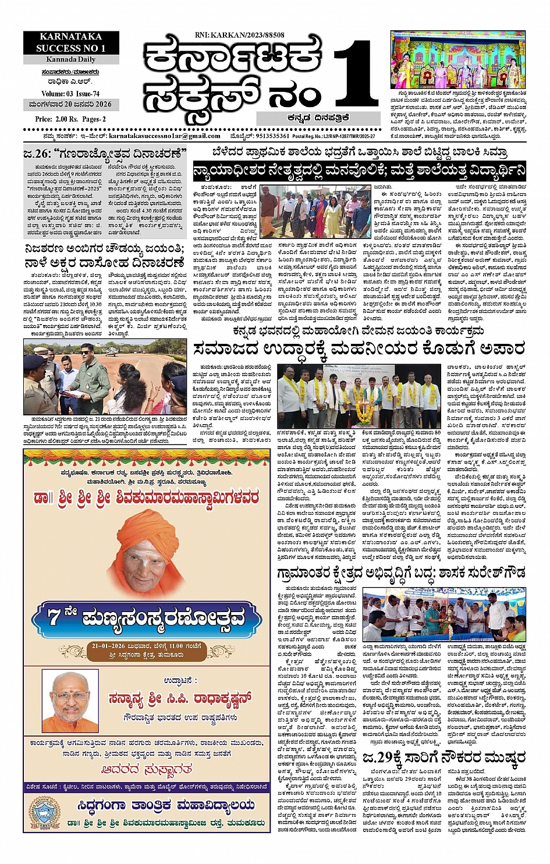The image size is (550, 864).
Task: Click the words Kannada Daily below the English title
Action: click(x=72, y=60)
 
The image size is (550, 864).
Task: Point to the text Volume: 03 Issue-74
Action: click(x=70, y=94)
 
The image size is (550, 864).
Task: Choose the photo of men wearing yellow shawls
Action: click(x=359, y=397)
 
